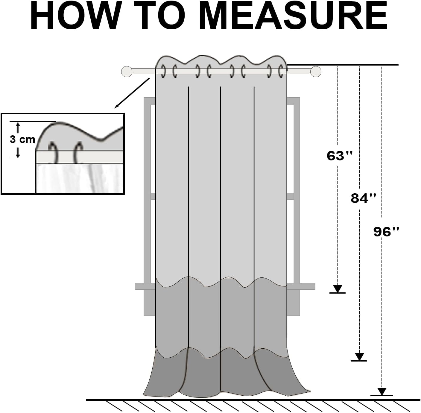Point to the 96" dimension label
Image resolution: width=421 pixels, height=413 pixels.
pos(386,232)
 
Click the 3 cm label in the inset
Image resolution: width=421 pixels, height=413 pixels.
pos(22,139)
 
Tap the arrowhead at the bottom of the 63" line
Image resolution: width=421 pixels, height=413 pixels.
pos(338,289)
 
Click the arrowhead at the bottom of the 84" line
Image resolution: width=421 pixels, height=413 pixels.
pos(359,357)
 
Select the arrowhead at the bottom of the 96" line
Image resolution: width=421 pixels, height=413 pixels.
pos(382,391)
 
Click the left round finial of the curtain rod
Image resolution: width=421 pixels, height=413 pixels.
pos(127,72)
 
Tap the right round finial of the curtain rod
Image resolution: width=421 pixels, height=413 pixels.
pos(316,72)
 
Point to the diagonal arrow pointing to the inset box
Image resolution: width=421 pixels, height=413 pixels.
pos(132,93)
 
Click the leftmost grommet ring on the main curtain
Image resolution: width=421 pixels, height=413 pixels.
pos(163,71)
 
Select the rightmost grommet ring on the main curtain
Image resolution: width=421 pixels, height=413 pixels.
pos(280,71)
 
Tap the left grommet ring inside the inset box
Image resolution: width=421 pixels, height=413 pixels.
pos(54,152)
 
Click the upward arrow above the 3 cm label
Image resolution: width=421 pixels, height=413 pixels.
pos(18,127)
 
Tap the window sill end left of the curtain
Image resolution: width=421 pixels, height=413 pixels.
pos(145,286)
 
